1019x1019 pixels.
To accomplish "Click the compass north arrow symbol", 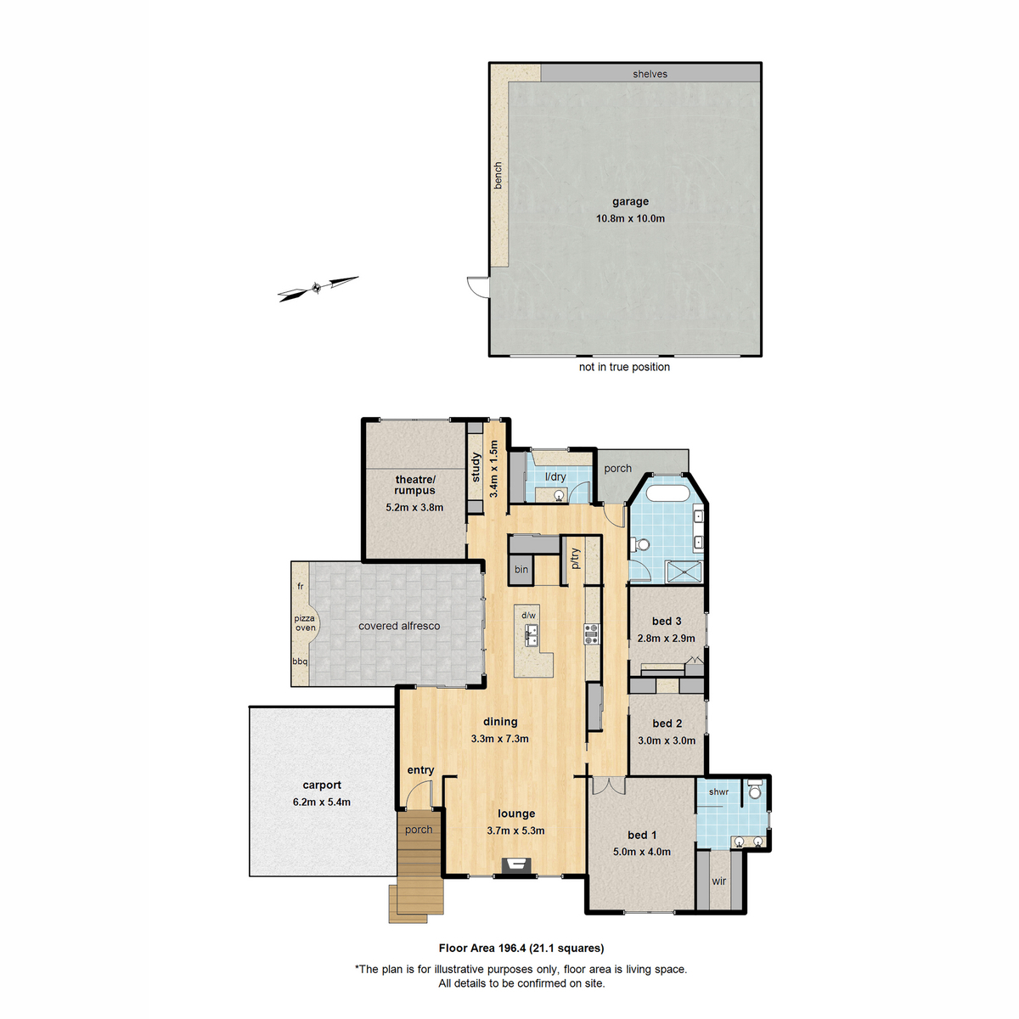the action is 318,289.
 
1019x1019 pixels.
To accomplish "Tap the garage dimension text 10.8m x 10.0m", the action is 630,218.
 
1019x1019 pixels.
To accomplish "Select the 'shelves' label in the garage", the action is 650,74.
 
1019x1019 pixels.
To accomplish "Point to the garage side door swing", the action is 478,287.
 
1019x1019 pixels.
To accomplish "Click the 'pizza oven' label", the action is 305,623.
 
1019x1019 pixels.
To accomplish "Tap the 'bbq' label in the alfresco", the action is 300,662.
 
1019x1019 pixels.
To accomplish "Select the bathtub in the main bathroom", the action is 667,494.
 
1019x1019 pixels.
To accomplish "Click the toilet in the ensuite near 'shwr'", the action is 755,790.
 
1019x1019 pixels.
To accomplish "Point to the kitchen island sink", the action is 531,635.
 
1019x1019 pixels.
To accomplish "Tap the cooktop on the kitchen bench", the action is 592,633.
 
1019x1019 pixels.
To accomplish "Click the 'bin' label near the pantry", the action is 521,570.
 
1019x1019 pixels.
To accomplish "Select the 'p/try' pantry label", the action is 576,559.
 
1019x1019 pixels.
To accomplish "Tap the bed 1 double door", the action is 609,785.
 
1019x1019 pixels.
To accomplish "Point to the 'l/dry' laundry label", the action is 555,476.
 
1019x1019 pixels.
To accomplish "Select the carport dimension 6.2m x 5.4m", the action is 322,802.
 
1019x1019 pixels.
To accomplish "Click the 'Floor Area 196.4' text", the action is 482,949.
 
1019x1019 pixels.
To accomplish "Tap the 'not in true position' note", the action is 624,367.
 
